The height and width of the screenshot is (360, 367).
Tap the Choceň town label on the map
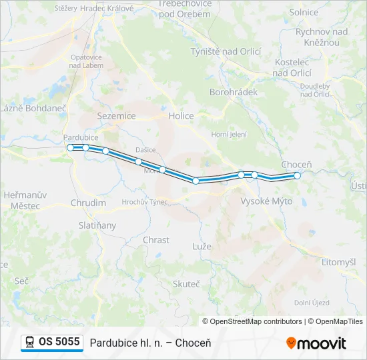[296, 164]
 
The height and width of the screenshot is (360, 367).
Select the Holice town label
[181, 116]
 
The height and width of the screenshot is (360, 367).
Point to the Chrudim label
[88, 203]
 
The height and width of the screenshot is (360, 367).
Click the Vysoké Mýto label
[266, 201]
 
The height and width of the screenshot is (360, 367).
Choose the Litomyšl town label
[338, 262]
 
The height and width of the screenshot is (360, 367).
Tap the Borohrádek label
[233, 92]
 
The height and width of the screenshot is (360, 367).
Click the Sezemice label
[116, 116]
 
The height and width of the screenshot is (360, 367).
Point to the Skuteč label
[186, 284]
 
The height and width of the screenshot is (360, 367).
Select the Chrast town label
[156, 239]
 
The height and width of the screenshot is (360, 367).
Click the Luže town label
[202, 246]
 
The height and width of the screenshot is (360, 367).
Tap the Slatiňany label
[97, 225]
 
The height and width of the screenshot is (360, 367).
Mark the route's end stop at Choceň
[298, 176]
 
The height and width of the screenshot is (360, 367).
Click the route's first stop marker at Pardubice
[71, 147]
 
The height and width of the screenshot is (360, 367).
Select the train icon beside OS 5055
[30, 342]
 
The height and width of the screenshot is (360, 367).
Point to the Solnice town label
[304, 12]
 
